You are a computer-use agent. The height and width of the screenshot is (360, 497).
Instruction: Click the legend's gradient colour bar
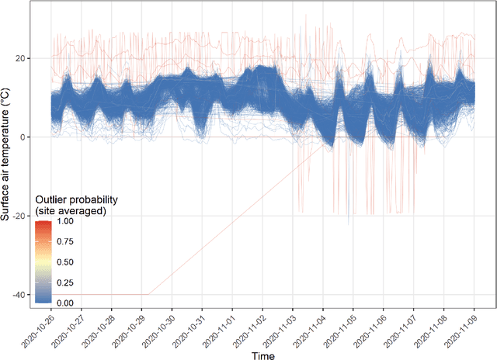pos(43,261)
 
